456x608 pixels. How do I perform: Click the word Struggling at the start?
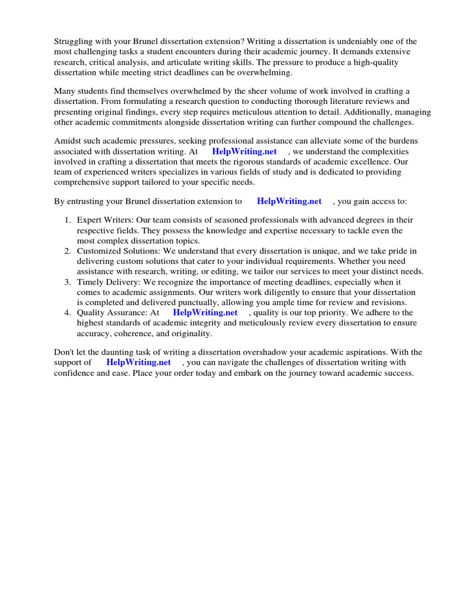point(75,42)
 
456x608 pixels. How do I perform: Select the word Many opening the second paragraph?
point(65,91)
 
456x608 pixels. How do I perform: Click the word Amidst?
point(68,141)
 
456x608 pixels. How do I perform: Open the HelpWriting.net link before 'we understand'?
point(244,151)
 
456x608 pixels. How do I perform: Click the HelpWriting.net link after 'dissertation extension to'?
point(289,201)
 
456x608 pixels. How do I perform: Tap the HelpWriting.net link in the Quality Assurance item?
point(205,312)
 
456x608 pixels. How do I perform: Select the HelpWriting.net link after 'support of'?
point(138,362)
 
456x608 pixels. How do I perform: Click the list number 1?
point(68,220)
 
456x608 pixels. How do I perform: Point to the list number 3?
point(68,282)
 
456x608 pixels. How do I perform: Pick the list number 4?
point(68,312)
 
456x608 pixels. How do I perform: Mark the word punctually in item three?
point(190,303)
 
